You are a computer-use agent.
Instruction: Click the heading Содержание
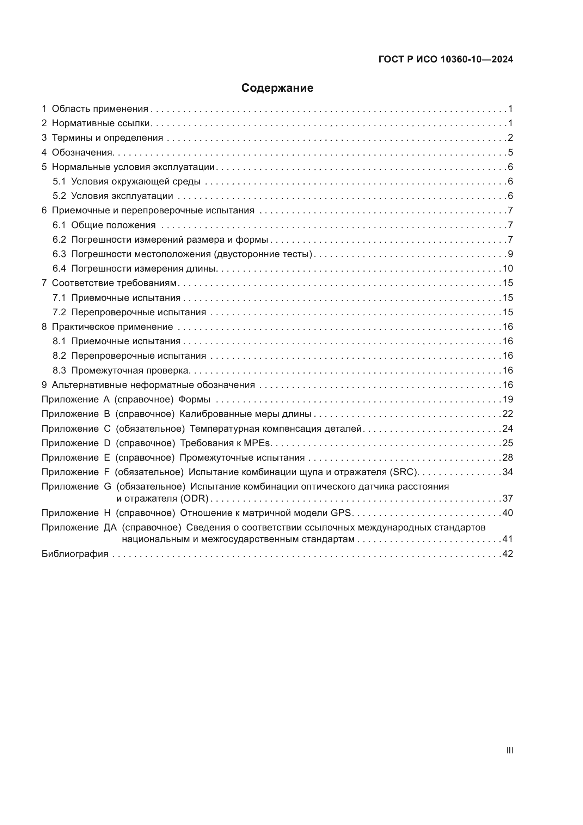point(277,88)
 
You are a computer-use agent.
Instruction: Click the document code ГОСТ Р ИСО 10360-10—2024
point(446,59)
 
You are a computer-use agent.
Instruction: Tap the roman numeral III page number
point(509,750)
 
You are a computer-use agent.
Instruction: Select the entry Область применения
point(100,109)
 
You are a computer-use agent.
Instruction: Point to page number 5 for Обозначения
point(510,152)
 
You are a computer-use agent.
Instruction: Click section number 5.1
point(59,181)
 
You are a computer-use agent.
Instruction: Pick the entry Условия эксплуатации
point(122,196)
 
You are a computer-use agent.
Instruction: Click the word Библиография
point(75,554)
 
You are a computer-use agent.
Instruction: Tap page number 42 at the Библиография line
point(508,554)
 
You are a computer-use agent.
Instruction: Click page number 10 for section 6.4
point(508,268)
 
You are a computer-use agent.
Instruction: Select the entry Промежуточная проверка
point(130,370)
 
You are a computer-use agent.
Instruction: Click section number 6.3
point(59,254)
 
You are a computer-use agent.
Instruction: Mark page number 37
point(508,498)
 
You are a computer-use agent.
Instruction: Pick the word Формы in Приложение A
point(194,400)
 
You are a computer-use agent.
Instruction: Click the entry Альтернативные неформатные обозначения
point(153,385)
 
